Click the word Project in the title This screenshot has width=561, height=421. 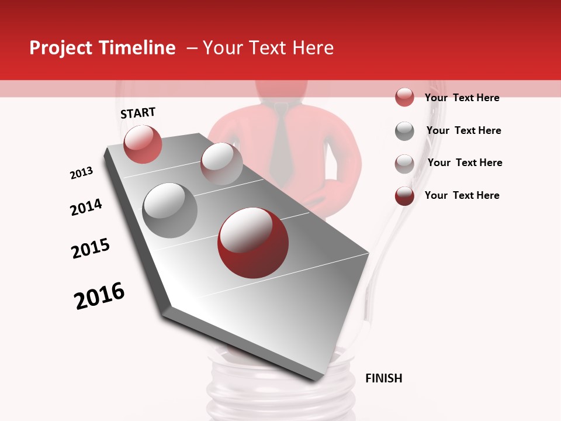tap(61, 48)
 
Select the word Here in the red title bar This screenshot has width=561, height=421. tap(313, 48)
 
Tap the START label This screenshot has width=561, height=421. tap(138, 113)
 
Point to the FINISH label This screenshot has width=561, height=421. tap(383, 378)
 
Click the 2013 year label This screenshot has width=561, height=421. tap(81, 173)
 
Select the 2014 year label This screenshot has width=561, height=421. tap(86, 208)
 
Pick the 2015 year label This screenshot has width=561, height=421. tap(91, 249)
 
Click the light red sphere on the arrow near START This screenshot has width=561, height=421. tap(143, 144)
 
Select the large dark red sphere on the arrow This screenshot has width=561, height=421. tap(252, 242)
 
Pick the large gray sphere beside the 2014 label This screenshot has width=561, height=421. tap(169, 210)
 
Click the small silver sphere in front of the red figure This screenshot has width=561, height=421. tap(221, 163)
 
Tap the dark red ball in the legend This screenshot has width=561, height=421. tap(404, 196)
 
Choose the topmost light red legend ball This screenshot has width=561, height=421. tap(404, 97)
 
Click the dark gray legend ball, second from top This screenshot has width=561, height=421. tap(404, 131)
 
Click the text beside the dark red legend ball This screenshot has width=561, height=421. tap(462, 195)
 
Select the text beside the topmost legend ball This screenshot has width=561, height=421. tap(462, 98)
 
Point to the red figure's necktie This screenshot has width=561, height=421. tap(283, 140)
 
